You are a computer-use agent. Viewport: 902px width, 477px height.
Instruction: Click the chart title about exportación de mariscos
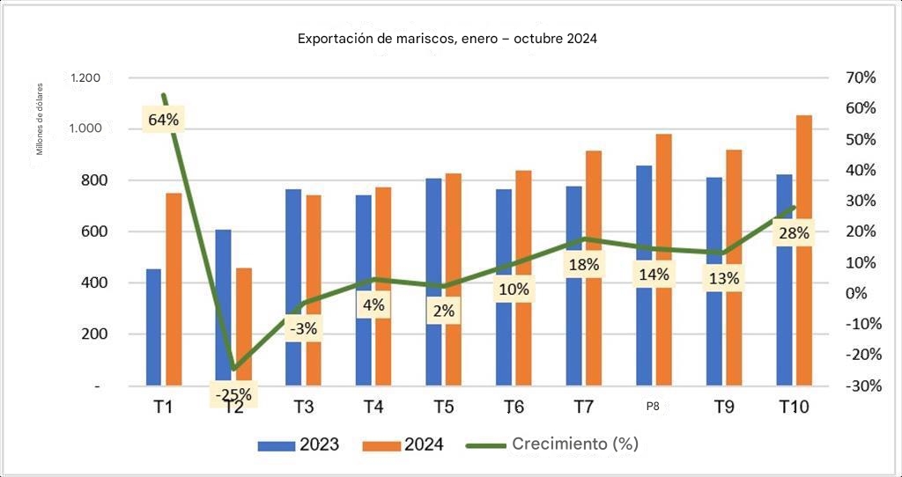[x=447, y=40]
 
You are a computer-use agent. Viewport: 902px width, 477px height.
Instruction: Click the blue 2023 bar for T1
[x=153, y=327]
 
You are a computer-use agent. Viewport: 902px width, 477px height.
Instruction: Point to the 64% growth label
[x=164, y=119]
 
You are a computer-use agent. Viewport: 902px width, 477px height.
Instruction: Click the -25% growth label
[x=233, y=395]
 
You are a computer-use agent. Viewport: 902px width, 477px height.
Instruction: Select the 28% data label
[x=793, y=233]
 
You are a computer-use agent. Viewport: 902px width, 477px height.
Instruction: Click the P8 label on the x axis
[x=653, y=407]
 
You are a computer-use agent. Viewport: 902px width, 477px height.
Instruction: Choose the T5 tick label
[x=445, y=407]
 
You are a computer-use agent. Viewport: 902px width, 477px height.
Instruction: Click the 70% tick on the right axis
[x=859, y=77]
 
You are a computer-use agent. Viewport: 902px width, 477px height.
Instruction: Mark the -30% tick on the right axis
[x=857, y=385]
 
